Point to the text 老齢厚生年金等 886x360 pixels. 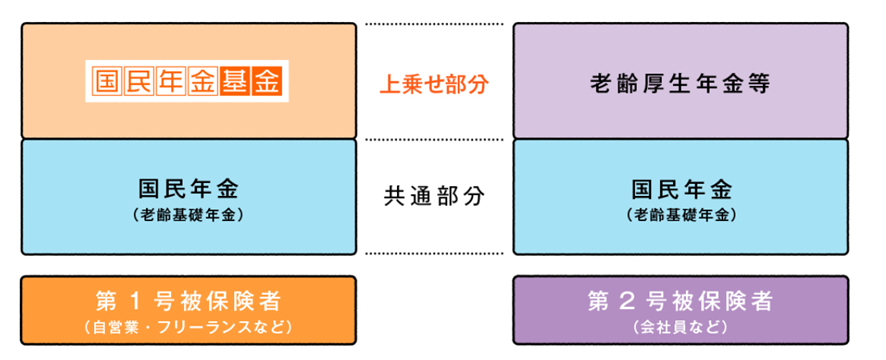tap(679, 83)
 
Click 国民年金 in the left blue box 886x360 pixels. tap(188, 189)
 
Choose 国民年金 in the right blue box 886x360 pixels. tap(680, 189)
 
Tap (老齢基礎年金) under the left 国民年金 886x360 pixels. tap(188, 214)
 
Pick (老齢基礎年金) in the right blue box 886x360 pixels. tap(680, 214)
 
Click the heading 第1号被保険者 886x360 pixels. tap(188, 301)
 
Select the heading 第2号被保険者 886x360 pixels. tap(680, 301)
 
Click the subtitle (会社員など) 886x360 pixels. tap(680, 327)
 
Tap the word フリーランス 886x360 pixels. tap(210, 327)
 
